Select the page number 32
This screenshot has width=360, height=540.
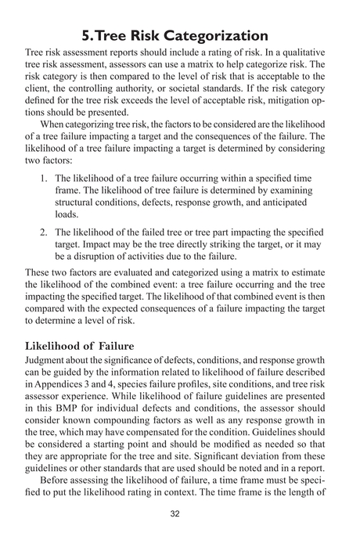point(180,514)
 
